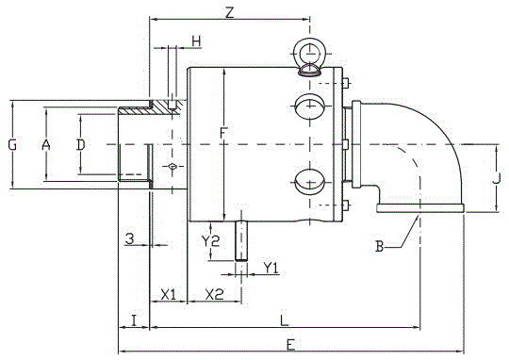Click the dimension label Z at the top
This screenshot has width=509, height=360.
point(229,13)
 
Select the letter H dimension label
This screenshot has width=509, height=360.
point(196,41)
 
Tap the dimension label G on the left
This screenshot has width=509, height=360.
point(12,145)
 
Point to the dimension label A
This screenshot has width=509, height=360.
point(46,145)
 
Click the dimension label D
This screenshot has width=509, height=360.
point(80,145)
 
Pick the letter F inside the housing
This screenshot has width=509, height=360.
point(222,134)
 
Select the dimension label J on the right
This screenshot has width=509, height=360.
point(497,178)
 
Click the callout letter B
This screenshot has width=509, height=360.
point(379,246)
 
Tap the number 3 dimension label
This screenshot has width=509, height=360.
point(129,239)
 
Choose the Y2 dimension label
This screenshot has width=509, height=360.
point(210,241)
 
